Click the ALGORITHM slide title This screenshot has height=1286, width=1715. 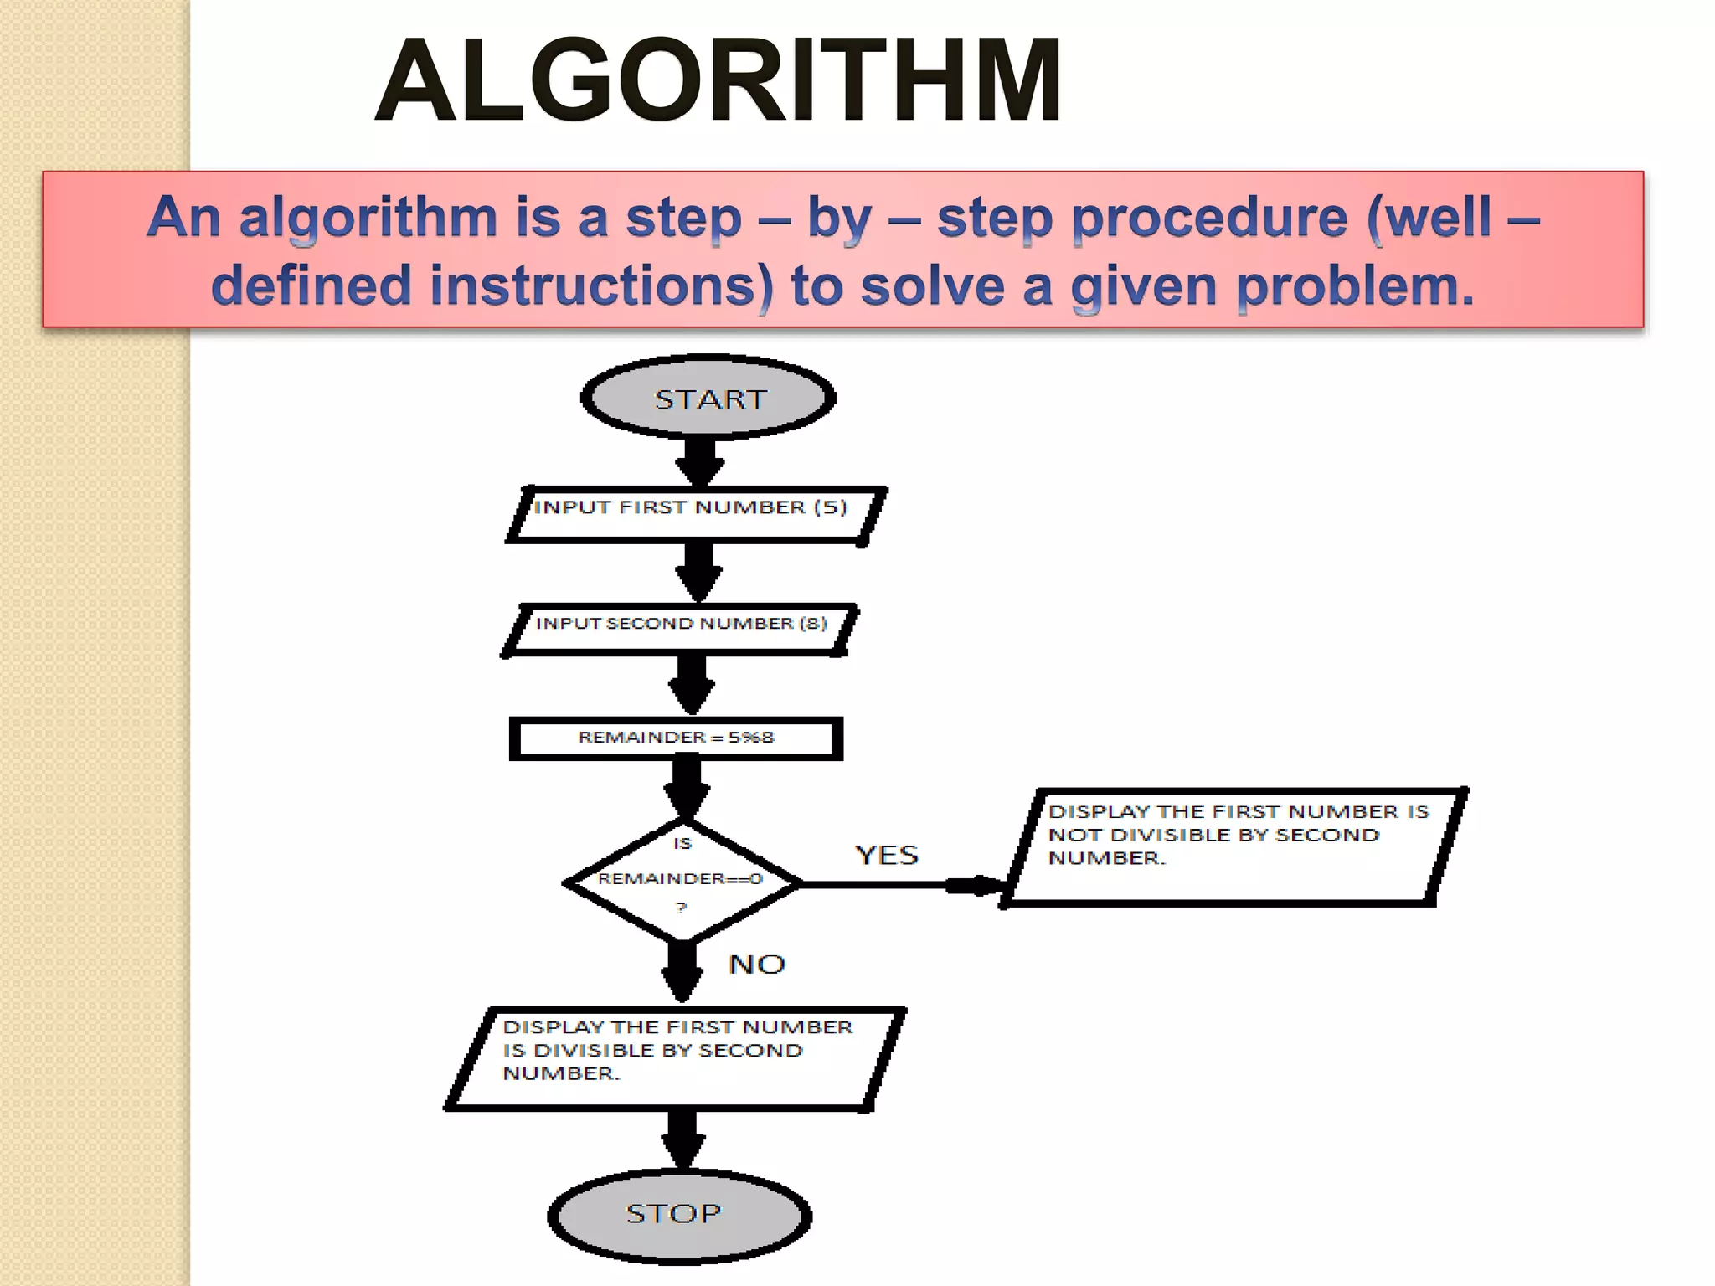click(718, 82)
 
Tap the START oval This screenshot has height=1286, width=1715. click(708, 399)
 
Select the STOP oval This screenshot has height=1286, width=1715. click(678, 1214)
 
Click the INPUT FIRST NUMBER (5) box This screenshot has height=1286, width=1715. click(695, 513)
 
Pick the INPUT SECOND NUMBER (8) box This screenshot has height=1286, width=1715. click(680, 628)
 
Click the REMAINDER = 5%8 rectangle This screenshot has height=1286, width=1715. click(676, 738)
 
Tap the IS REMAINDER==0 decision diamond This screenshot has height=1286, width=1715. click(682, 879)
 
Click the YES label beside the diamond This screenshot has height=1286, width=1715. click(887, 855)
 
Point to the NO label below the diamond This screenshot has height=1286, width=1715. click(756, 964)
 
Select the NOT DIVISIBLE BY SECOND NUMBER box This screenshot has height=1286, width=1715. click(1234, 846)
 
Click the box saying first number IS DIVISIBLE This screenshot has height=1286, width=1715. click(675, 1057)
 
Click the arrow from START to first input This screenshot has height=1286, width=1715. click(700, 461)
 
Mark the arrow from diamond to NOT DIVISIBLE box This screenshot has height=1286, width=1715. click(904, 884)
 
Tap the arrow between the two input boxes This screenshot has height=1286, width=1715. click(698, 572)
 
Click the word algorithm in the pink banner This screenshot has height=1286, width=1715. click(368, 219)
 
